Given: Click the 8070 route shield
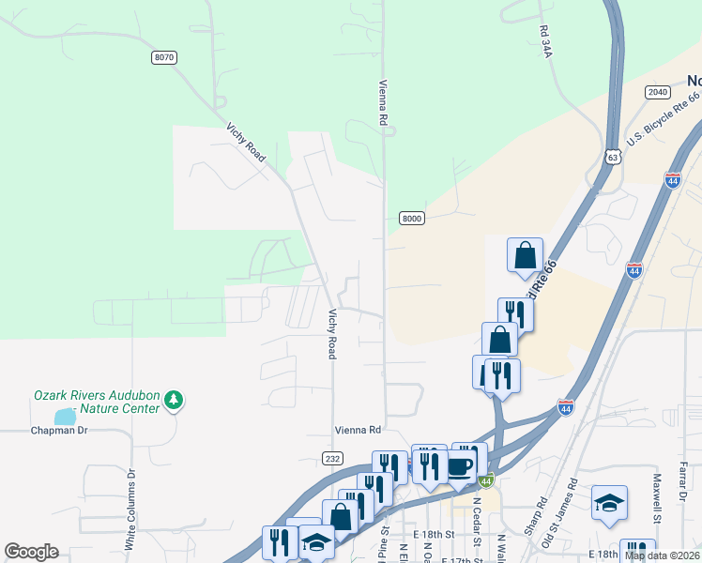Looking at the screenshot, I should [163, 58].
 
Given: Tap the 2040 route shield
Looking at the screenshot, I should [657, 91].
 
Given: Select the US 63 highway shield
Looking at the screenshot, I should [613, 156].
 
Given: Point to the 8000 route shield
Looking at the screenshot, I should [412, 219].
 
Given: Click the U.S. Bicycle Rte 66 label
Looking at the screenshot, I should [664, 119].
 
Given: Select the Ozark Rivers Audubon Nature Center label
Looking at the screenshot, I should [97, 402].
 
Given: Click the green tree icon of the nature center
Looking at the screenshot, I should [173, 402].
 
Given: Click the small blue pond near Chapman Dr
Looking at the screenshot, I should [64, 416].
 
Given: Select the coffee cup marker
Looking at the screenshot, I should [459, 466].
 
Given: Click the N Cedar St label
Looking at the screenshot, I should [476, 515].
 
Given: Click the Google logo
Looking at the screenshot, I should [31, 552].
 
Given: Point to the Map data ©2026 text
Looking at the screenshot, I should [662, 555].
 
